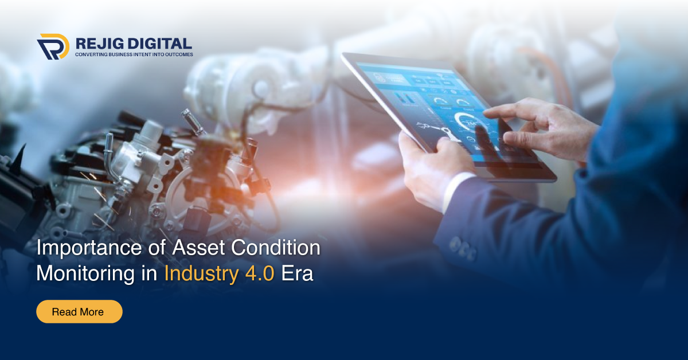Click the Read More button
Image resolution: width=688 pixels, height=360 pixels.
[x=79, y=312]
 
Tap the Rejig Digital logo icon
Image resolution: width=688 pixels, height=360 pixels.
[x=53, y=46]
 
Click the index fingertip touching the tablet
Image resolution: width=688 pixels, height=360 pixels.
[x=488, y=113]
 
